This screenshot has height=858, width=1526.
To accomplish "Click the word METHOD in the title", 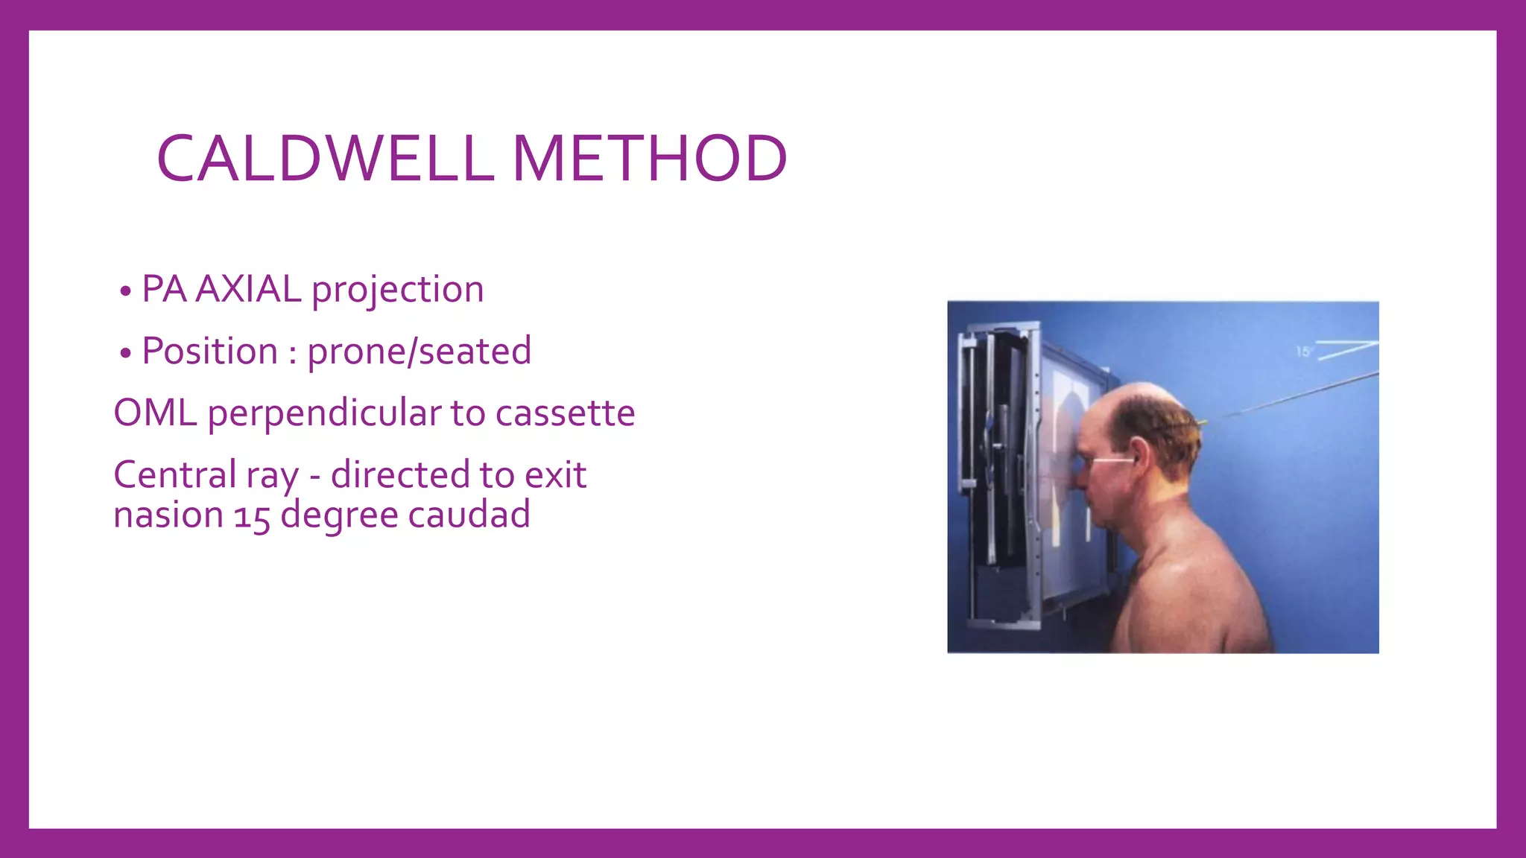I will point(649,159).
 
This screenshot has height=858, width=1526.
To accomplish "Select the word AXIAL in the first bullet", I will point(248,289).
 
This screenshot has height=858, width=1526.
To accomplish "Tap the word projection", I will point(398,290).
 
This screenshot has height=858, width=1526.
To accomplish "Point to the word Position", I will point(209,351).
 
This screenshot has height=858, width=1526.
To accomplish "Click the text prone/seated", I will point(420,352).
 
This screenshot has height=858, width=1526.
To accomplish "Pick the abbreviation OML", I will point(155,413).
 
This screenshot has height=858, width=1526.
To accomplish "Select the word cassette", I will point(565,413).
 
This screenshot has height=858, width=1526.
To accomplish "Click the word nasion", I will point(168,515).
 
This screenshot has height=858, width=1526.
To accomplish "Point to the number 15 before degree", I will point(252,515).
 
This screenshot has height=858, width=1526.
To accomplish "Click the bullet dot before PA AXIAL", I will point(125,290).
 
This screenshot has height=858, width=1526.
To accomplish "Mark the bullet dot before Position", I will point(125,352).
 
